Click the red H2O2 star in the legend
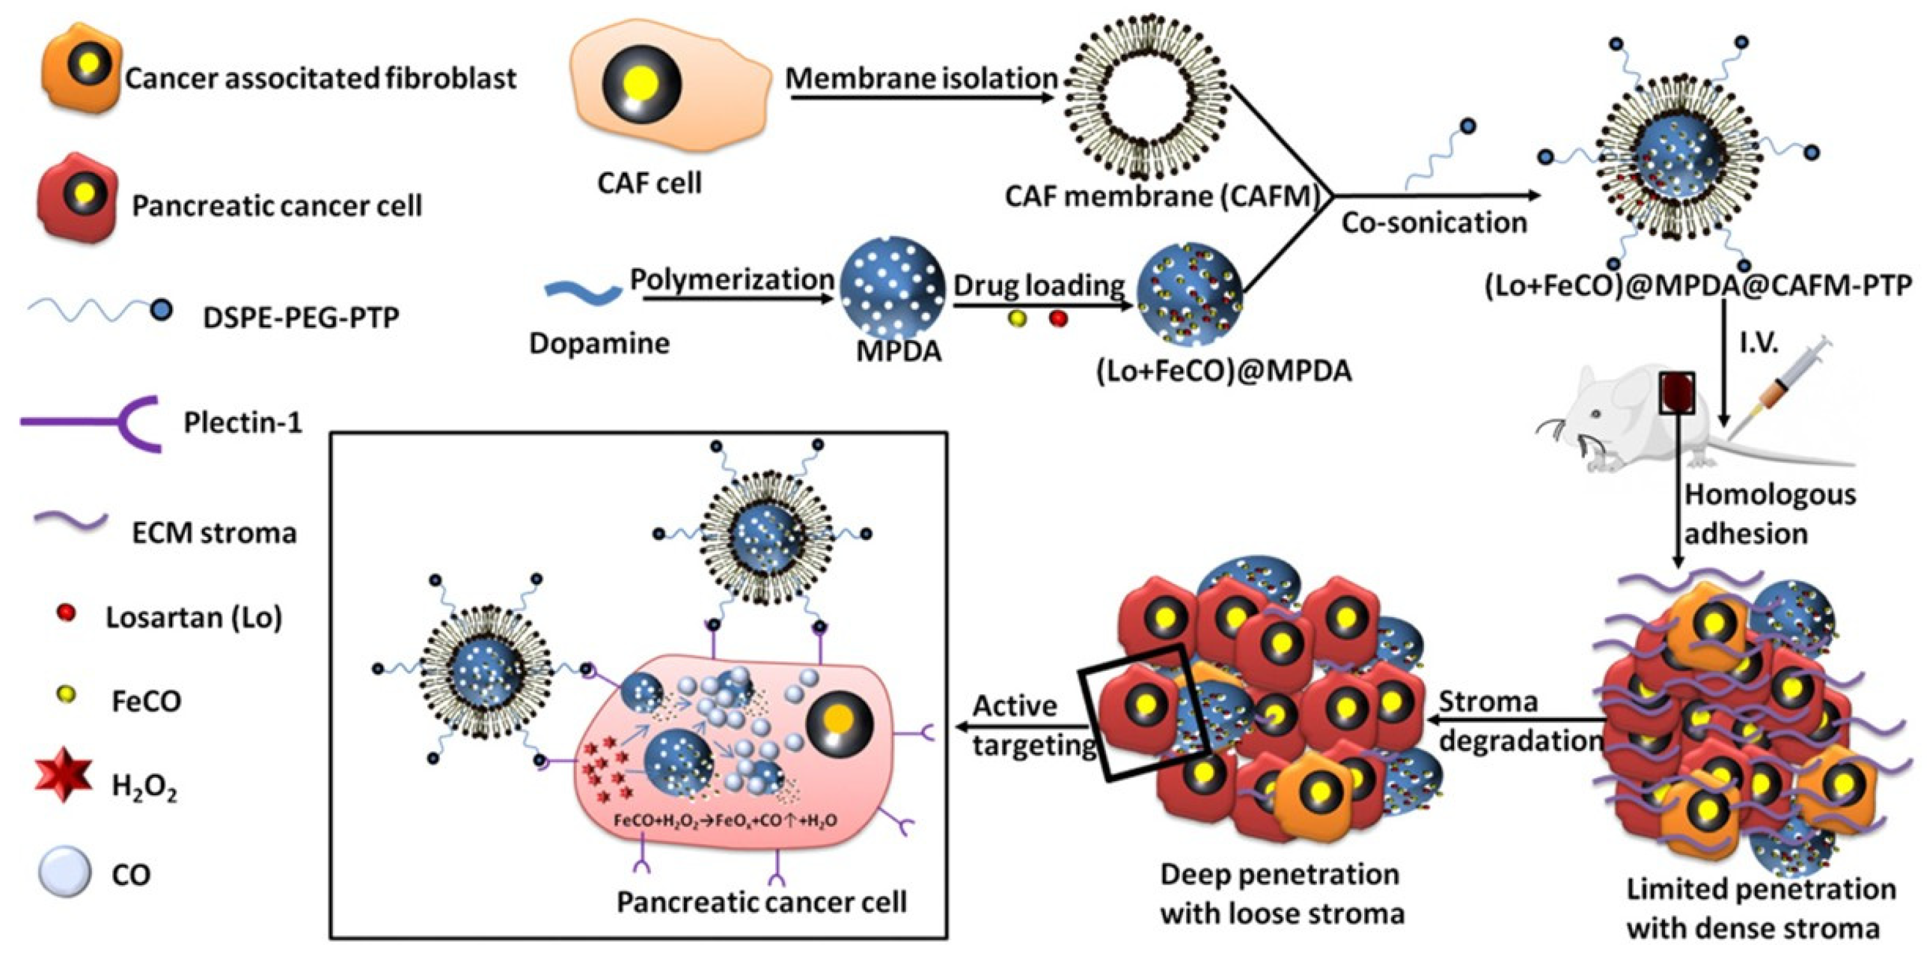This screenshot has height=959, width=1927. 64,778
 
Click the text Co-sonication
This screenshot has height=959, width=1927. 1433,223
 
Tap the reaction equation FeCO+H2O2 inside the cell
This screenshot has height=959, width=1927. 724,821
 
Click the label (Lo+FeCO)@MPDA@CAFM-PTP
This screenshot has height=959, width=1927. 1698,286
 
